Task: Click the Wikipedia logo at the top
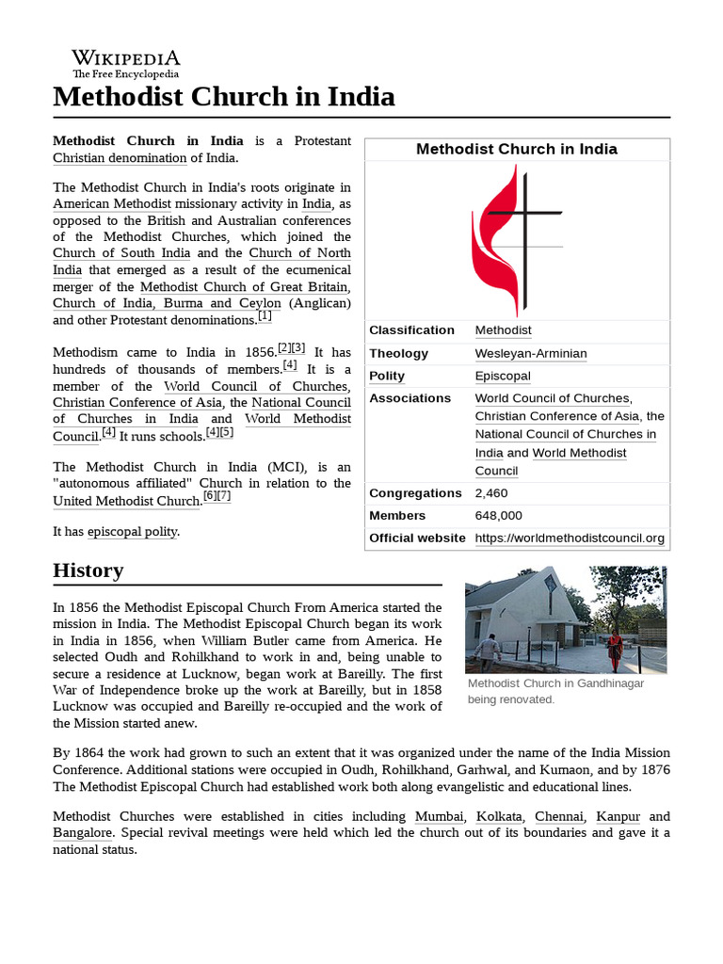(126, 63)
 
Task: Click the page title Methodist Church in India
(223, 97)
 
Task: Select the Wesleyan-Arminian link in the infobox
(530, 353)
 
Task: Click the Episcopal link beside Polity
(503, 376)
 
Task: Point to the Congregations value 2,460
(490, 493)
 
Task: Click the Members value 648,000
(498, 516)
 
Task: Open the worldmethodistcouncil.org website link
(570, 538)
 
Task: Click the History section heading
(88, 570)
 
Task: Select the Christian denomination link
(120, 157)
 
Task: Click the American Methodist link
(112, 203)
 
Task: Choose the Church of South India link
(121, 253)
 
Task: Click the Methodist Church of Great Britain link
(245, 286)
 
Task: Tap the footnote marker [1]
(265, 317)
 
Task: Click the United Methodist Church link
(126, 501)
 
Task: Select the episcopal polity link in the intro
(133, 532)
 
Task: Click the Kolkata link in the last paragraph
(498, 816)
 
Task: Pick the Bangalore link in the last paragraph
(83, 833)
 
